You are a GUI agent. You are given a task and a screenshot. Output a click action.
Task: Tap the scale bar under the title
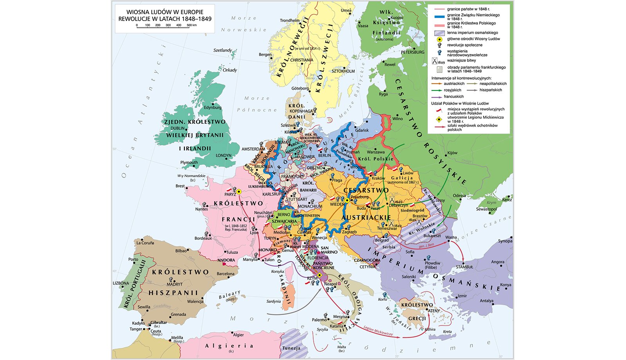[166, 25]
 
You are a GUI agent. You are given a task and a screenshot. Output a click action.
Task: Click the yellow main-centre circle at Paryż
[238, 192]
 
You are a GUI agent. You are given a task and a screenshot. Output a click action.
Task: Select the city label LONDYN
[224, 156]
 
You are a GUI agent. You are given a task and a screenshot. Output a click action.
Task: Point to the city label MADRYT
[175, 284]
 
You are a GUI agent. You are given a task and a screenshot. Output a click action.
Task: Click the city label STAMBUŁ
[464, 267]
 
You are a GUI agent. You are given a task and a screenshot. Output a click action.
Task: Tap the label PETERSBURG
[412, 52]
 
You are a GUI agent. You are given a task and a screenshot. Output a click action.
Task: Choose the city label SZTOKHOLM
[343, 71]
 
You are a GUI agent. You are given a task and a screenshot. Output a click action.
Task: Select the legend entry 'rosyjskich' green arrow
[452, 90]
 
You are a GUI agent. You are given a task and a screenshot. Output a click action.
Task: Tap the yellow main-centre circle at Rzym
[319, 275]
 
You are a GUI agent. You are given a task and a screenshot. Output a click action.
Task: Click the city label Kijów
[452, 153]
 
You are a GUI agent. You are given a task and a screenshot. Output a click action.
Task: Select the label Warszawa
[375, 152]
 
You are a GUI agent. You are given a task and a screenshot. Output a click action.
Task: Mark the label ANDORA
[226, 260]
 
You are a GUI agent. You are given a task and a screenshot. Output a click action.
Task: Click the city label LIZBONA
[121, 283]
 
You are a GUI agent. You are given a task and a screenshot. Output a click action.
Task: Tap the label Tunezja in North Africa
[291, 348]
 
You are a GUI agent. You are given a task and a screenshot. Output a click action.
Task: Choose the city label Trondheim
[290, 20]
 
